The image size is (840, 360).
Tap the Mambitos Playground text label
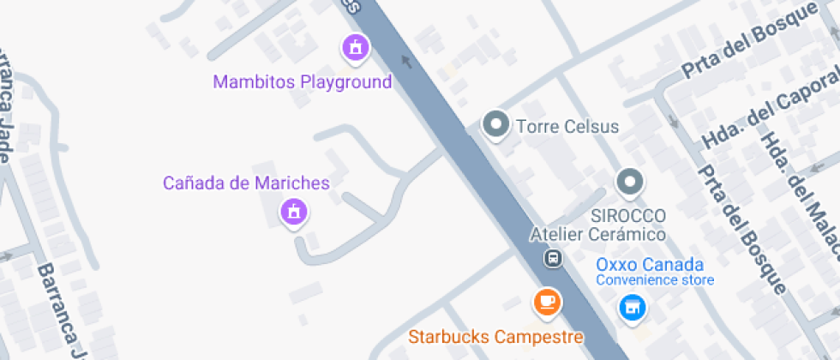[x=302, y=82]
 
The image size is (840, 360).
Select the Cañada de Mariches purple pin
[x=294, y=211]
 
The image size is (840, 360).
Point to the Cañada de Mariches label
[x=246, y=183]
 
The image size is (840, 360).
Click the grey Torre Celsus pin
[x=495, y=125]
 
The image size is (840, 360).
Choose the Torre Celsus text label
[x=567, y=127]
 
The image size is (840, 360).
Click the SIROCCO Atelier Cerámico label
[x=598, y=225]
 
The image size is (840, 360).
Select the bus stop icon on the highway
[x=554, y=257]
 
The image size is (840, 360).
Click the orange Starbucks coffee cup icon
[x=547, y=301]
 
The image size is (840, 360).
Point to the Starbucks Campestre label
[x=495, y=337]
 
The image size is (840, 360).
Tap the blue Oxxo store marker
[x=633, y=307]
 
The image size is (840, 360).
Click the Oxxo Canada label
[x=650, y=265]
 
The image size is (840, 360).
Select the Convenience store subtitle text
[x=655, y=280]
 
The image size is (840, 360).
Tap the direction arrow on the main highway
[x=406, y=61]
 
